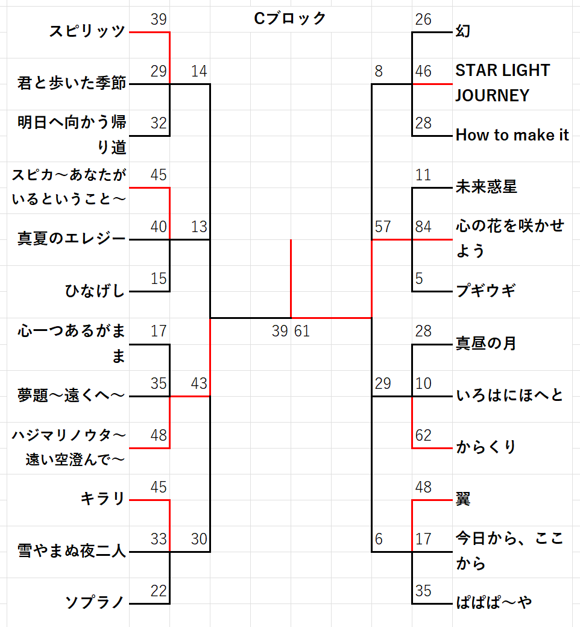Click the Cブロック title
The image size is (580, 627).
[290, 19]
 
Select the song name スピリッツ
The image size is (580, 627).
[87, 31]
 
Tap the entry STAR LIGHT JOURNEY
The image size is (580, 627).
[502, 83]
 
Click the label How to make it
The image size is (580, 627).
[512, 135]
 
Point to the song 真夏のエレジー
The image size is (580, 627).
[72, 239]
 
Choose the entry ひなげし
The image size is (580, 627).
[95, 291]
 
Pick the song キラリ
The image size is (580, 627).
[103, 499]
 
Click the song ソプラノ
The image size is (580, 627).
[95, 602]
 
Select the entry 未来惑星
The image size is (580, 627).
[486, 187]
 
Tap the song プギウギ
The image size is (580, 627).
[486, 291]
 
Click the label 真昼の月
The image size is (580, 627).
[486, 344]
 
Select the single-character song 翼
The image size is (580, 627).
[464, 499]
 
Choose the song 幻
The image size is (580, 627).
[463, 31]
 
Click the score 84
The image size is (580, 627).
[424, 227]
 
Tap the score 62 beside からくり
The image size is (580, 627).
[424, 435]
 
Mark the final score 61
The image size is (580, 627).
[301, 331]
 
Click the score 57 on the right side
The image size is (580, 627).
[382, 227]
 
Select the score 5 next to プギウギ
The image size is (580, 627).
[420, 279]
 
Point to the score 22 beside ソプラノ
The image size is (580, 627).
[159, 591]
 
